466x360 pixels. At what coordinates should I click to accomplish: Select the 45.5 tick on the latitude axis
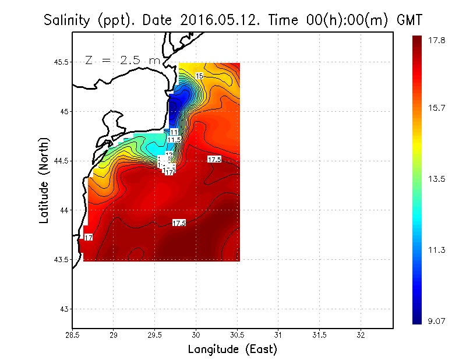pyautogui.click(x=58, y=62)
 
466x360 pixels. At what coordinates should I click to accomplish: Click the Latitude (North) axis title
pyautogui.click(x=44, y=181)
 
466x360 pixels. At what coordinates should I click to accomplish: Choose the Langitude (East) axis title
pyautogui.click(x=232, y=350)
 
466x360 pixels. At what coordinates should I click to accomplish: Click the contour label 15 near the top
pyautogui.click(x=199, y=76)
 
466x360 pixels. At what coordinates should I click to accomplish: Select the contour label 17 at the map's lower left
pyautogui.click(x=89, y=238)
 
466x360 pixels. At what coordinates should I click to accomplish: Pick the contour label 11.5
pyautogui.click(x=174, y=140)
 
